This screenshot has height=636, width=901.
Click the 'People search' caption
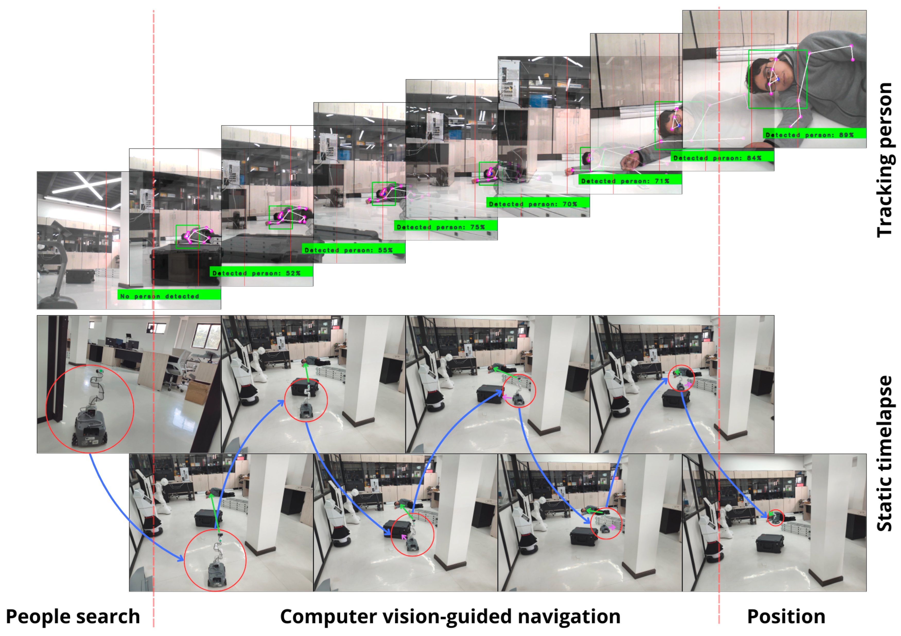click(73, 616)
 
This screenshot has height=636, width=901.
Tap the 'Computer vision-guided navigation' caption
click(450, 616)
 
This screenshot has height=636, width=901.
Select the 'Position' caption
click(786, 616)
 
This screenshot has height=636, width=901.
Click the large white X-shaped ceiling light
click(88, 185)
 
